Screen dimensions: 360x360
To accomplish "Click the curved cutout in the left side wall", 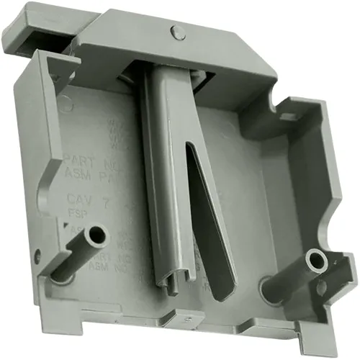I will [x=48, y=173].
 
